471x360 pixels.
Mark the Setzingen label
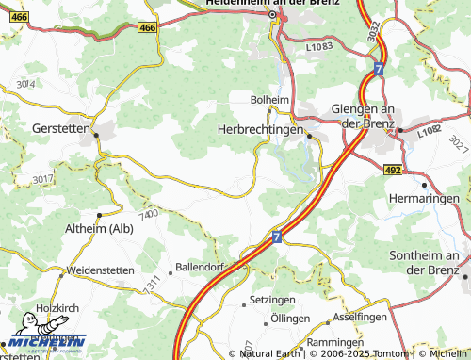(272, 300)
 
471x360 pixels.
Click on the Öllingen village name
(290, 319)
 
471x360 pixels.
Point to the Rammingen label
(334, 341)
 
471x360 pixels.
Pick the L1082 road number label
(430, 136)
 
